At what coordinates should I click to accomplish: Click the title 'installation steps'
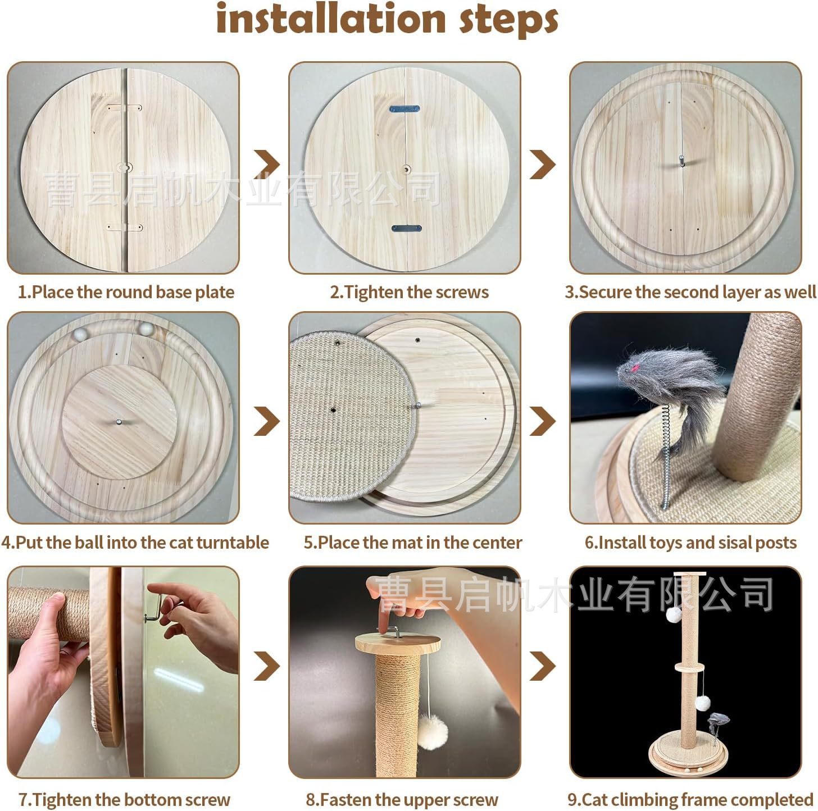[387, 19]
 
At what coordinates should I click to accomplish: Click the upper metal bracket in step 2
[405, 109]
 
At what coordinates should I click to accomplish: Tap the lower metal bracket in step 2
[406, 229]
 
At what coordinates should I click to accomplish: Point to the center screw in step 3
[681, 161]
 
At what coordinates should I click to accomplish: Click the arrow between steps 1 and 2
[267, 164]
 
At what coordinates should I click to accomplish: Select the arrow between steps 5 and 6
[543, 421]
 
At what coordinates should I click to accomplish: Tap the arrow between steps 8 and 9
[543, 666]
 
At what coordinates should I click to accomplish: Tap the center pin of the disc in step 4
[119, 422]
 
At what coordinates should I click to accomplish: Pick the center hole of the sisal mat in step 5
[333, 411]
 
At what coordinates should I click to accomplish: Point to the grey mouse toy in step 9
[718, 719]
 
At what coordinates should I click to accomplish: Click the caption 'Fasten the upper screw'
[402, 799]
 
